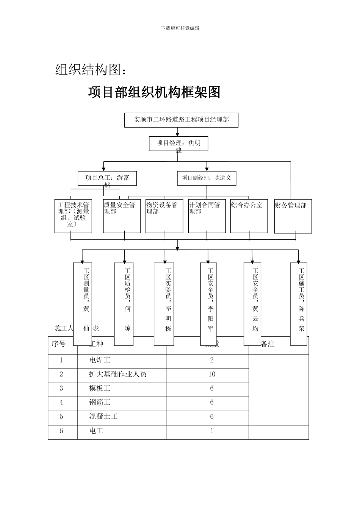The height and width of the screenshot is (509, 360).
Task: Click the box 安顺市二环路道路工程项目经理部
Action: (182, 120)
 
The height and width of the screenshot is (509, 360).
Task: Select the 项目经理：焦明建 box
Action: (178, 144)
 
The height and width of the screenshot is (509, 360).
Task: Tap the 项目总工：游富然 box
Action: (107, 178)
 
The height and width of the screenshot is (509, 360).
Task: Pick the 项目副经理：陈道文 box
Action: (207, 178)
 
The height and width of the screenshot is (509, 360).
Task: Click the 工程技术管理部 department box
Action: (74, 216)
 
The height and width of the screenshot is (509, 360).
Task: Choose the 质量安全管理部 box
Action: (122, 216)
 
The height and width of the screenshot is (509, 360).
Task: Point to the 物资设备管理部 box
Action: (164, 216)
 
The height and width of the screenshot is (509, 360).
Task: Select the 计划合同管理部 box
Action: (207, 216)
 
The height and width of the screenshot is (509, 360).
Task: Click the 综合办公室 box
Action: (249, 216)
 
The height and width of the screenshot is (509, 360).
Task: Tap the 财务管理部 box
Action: (293, 216)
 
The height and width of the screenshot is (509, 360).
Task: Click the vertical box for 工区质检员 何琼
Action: (124, 304)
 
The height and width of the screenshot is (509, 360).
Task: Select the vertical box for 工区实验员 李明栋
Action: (164, 304)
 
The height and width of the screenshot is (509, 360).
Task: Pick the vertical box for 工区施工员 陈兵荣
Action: (299, 304)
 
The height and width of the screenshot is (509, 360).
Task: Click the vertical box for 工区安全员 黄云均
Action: (252, 304)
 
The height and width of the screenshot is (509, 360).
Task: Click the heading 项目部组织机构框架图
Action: (154, 92)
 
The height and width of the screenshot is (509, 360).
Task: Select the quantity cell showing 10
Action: (211, 374)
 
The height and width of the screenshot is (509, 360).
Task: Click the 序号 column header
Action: (59, 344)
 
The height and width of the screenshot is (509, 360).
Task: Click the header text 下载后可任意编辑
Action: (180, 28)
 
